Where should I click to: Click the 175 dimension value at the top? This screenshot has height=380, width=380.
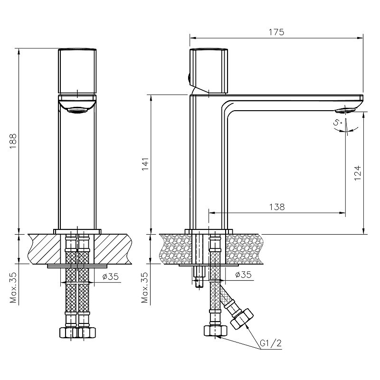pyautogui.click(x=276, y=32)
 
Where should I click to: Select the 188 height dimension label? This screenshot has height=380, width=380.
pyautogui.click(x=13, y=142)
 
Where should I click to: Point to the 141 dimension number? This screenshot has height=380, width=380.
pyautogui.click(x=145, y=164)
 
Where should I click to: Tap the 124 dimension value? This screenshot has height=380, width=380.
pyautogui.click(x=358, y=173)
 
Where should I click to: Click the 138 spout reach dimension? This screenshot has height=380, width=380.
pyautogui.click(x=277, y=207)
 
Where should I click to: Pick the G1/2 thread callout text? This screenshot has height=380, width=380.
pyautogui.click(x=271, y=343)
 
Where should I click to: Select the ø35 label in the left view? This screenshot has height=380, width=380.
pyautogui.click(x=110, y=276)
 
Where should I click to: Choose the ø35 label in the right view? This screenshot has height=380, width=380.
pyautogui.click(x=243, y=275)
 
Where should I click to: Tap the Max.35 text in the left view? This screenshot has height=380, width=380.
pyautogui.click(x=13, y=287)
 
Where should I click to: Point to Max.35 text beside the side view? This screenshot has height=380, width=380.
pyautogui.click(x=145, y=287)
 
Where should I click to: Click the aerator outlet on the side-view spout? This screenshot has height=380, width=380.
pyautogui.click(x=345, y=111)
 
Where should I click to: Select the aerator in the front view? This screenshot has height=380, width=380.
pyautogui.click(x=77, y=111)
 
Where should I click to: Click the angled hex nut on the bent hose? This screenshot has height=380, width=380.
pyautogui.click(x=242, y=319)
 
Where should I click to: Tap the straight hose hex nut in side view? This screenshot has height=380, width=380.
pyautogui.click(x=216, y=331)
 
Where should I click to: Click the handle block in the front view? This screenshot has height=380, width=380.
pyautogui.click(x=77, y=71)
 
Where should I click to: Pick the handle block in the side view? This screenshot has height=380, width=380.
pyautogui.click(x=209, y=71)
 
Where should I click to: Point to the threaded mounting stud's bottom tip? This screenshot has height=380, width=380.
pyautogui.click(x=199, y=287)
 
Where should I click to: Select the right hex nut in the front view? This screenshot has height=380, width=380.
pyautogui.click(x=86, y=332)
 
